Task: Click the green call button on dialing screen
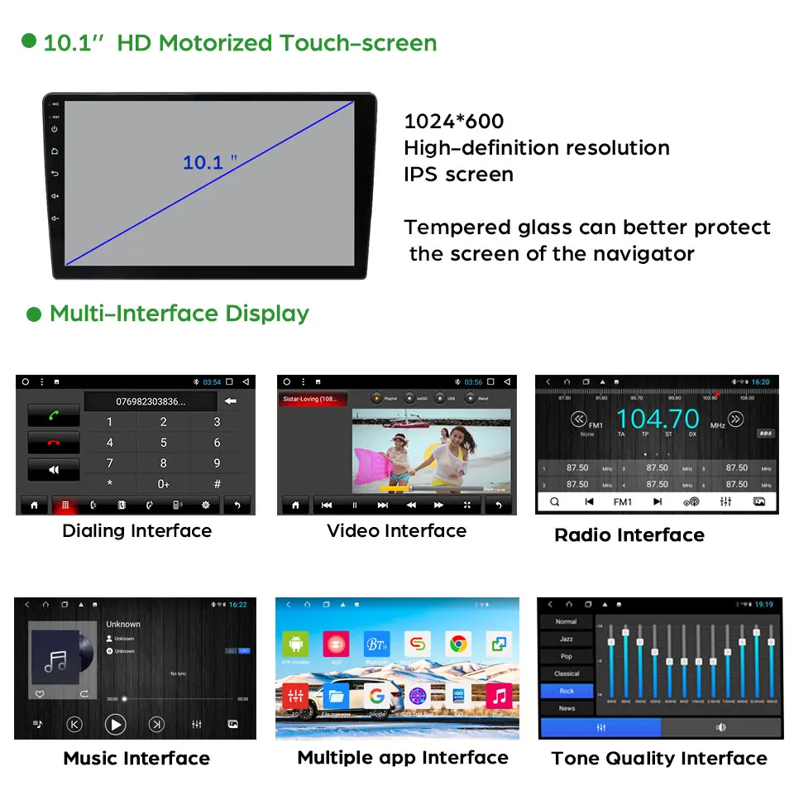coord(54,415)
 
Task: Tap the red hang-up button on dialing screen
coord(54,442)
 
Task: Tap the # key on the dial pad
coord(218,484)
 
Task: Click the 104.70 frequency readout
coord(658,419)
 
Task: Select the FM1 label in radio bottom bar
coord(622,502)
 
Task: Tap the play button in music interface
coord(116,725)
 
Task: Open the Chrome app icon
coord(458,644)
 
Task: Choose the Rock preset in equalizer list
coord(567,691)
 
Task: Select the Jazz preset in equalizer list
coord(567,639)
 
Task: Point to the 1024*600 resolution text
coord(453,122)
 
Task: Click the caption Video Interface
coord(396,531)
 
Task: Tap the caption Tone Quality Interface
coord(659,759)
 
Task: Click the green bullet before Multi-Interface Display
coord(34,314)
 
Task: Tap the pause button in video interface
coord(355,505)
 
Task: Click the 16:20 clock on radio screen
coord(760,382)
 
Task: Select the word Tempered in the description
coord(452,228)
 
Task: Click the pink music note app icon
coord(499,696)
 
